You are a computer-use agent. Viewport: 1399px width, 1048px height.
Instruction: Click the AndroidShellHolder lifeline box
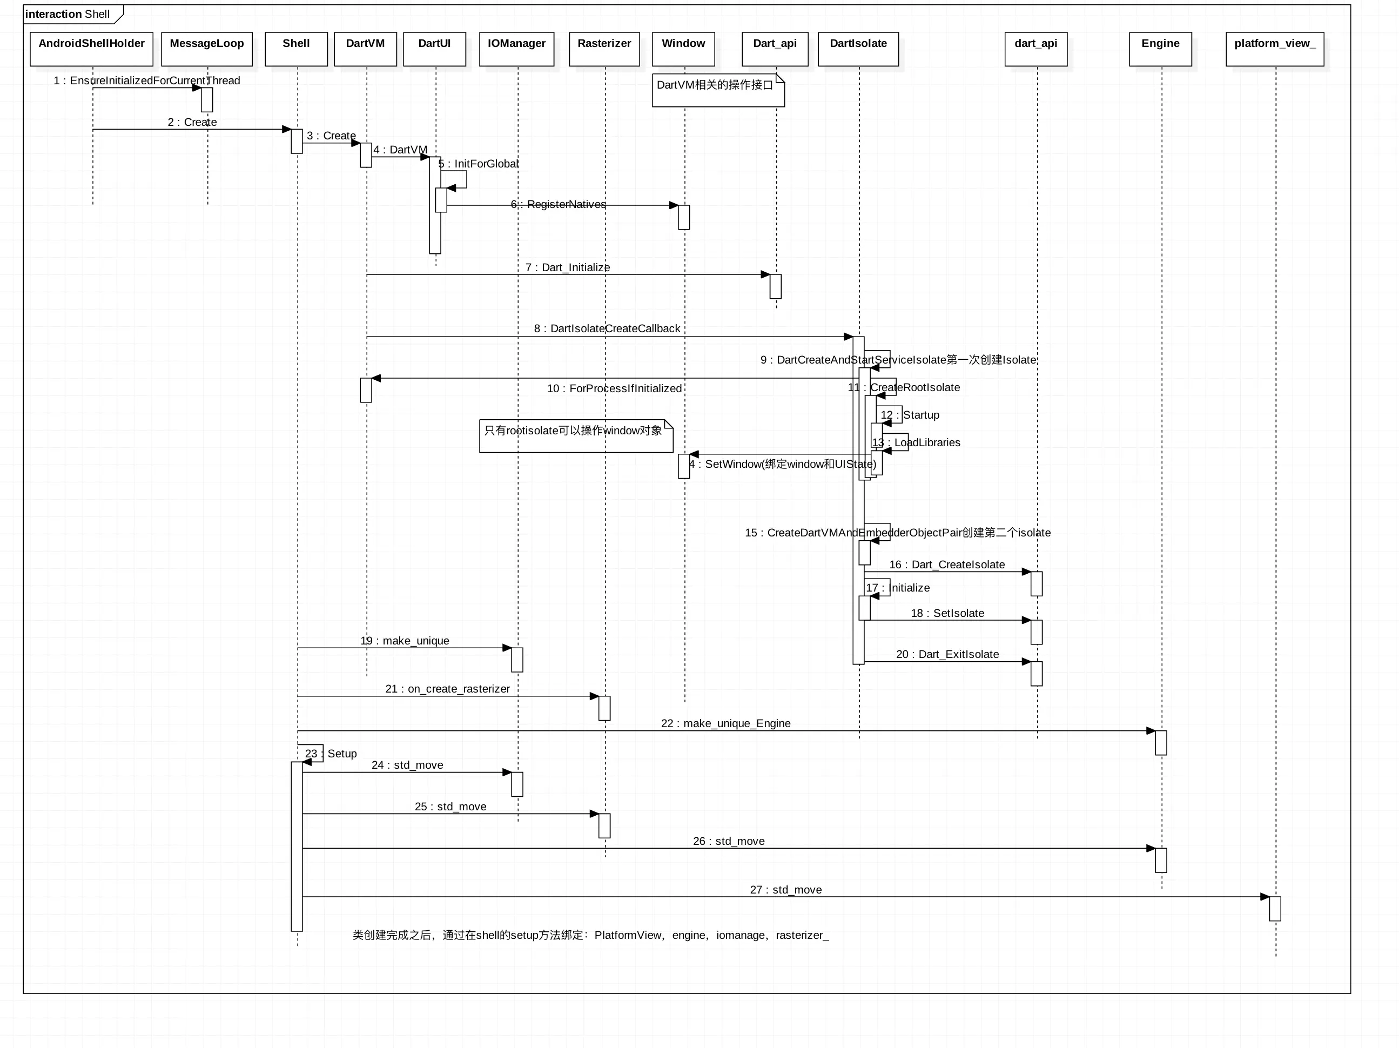click(92, 49)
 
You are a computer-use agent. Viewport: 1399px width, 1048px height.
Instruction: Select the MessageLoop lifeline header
click(207, 49)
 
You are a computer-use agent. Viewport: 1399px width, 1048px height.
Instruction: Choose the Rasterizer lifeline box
click(604, 49)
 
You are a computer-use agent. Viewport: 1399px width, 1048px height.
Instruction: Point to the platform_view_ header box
click(1274, 49)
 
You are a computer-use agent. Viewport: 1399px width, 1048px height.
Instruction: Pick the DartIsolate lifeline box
click(858, 49)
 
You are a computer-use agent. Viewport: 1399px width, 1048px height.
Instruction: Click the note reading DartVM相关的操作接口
click(718, 90)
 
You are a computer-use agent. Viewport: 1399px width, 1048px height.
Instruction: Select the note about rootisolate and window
click(576, 436)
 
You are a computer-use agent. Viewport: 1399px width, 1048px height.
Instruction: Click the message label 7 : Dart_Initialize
click(567, 267)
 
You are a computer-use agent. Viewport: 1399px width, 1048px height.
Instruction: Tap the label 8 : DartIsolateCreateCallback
click(607, 328)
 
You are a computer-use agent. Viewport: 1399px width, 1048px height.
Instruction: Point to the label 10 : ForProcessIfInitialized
click(614, 388)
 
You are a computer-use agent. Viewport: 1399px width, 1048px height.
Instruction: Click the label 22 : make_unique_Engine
click(725, 723)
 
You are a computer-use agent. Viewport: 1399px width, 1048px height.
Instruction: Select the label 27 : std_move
click(785, 889)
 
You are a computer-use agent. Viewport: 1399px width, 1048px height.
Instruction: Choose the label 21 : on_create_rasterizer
click(447, 689)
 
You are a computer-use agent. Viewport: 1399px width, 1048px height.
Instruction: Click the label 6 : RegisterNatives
click(558, 204)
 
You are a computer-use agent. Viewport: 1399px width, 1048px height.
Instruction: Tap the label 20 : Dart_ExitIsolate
click(947, 654)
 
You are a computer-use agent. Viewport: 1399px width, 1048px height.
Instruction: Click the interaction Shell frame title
click(68, 14)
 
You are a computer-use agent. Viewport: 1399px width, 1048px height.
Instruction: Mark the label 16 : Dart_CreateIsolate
click(947, 564)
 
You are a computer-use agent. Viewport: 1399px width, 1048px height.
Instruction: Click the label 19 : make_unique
click(405, 641)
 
